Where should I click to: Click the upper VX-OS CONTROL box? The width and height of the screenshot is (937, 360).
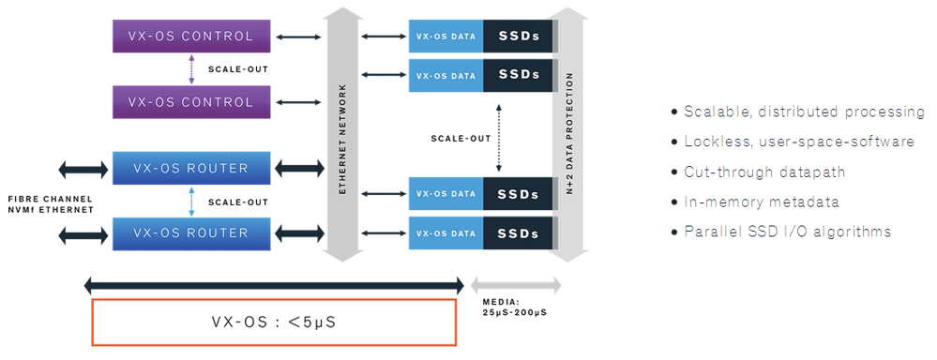190,37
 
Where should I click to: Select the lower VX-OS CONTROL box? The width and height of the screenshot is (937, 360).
190,102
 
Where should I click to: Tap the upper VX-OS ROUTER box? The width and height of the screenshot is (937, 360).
190,169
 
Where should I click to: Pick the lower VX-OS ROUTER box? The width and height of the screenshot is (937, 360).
190,232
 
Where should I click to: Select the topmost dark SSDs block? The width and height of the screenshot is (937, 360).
519,37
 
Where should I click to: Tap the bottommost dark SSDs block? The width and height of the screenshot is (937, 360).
519,232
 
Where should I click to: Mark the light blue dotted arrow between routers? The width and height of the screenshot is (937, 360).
191,201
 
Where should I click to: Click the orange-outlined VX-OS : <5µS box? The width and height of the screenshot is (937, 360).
273,322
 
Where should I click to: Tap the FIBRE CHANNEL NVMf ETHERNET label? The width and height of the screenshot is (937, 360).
48,203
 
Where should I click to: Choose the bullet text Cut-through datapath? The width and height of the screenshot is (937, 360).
751,172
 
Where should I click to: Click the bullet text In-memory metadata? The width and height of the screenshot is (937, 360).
755,202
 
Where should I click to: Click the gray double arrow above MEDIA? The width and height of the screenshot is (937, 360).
515,285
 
